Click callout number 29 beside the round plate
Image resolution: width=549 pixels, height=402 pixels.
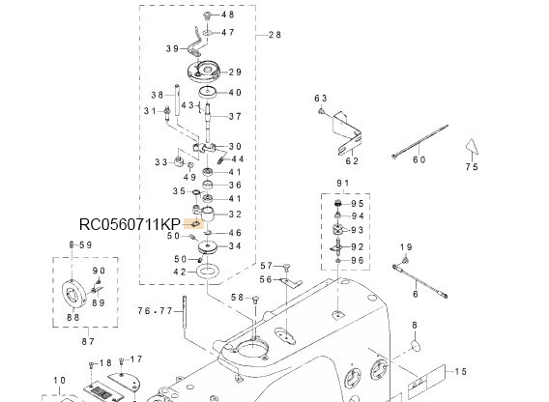click(x=235, y=72)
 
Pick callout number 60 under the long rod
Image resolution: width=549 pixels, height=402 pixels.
click(x=419, y=159)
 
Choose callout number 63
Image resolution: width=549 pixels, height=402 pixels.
click(x=322, y=99)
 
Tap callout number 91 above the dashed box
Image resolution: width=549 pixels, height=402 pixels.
click(x=342, y=184)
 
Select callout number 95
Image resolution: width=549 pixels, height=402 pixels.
click(x=358, y=204)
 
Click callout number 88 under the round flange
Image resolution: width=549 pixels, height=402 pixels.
click(x=72, y=318)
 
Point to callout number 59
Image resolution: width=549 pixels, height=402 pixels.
click(x=84, y=245)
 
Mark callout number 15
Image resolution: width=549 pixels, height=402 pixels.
click(x=460, y=372)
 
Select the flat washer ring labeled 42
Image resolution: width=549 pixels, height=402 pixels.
click(x=206, y=273)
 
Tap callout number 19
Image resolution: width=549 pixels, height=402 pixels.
click(x=405, y=248)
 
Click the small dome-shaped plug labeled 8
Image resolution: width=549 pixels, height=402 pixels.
click(x=417, y=346)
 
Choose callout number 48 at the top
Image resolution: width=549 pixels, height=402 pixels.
click(x=227, y=15)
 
